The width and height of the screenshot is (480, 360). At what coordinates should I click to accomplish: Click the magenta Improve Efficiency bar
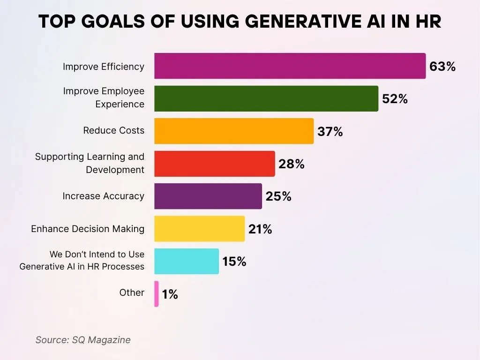[x=290, y=66]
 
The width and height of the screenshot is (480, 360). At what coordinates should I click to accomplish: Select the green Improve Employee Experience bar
[x=266, y=98]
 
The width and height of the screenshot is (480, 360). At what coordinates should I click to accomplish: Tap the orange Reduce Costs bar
[x=233, y=131]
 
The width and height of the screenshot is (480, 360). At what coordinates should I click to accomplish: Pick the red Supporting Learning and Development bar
[x=214, y=164]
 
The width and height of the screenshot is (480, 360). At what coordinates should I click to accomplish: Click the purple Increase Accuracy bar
[x=208, y=196]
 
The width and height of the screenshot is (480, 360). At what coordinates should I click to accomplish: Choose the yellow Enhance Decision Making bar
[x=199, y=229]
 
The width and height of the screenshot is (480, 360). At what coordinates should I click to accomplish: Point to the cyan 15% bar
[x=186, y=261]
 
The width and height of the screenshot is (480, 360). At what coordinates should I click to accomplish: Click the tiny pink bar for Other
[x=157, y=294]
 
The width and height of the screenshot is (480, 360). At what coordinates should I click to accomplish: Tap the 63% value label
[x=442, y=67]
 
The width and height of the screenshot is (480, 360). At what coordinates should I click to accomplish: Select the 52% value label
[x=395, y=99]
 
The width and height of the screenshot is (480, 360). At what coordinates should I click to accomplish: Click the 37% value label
[x=330, y=132]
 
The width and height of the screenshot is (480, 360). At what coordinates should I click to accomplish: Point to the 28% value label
[x=292, y=164]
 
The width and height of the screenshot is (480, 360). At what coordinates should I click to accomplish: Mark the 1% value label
[x=170, y=294]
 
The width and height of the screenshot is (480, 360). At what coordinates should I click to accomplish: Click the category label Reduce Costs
[x=114, y=130]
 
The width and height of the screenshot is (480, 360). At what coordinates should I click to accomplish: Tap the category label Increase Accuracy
[x=103, y=196]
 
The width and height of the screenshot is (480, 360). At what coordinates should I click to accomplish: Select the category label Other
[x=132, y=292]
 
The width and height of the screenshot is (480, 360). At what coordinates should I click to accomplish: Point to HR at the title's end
[x=428, y=22]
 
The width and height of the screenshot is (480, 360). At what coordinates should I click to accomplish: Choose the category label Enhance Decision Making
[x=88, y=229]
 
